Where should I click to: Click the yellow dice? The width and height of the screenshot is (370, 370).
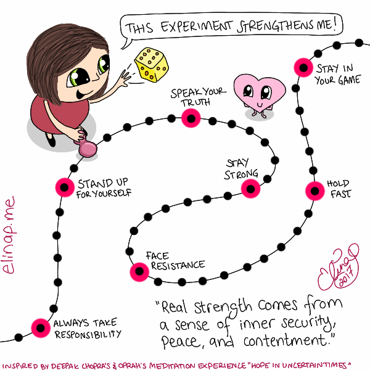click(152, 65)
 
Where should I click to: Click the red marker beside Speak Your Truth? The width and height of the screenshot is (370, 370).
click(191, 118)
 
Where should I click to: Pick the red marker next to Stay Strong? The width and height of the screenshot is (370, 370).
click(250, 189)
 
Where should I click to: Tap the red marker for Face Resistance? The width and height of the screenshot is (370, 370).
click(139, 272)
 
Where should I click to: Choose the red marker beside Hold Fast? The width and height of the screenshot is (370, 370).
click(314, 191)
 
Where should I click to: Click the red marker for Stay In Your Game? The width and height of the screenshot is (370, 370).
click(303, 67)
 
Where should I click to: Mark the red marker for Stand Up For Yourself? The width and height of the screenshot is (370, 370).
click(65, 187)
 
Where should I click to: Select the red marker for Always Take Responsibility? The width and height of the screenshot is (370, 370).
click(41, 328)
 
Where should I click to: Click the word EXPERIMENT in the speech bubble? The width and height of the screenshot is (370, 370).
click(197, 27)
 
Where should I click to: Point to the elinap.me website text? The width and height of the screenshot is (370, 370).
click(9, 235)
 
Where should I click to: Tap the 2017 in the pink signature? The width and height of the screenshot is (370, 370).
click(347, 276)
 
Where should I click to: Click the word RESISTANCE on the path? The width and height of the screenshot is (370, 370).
click(178, 266)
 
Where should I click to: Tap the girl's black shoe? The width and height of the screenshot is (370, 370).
click(51, 140)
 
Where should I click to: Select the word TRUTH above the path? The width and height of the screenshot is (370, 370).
click(195, 102)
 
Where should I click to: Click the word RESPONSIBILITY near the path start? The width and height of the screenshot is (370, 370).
click(88, 334)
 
